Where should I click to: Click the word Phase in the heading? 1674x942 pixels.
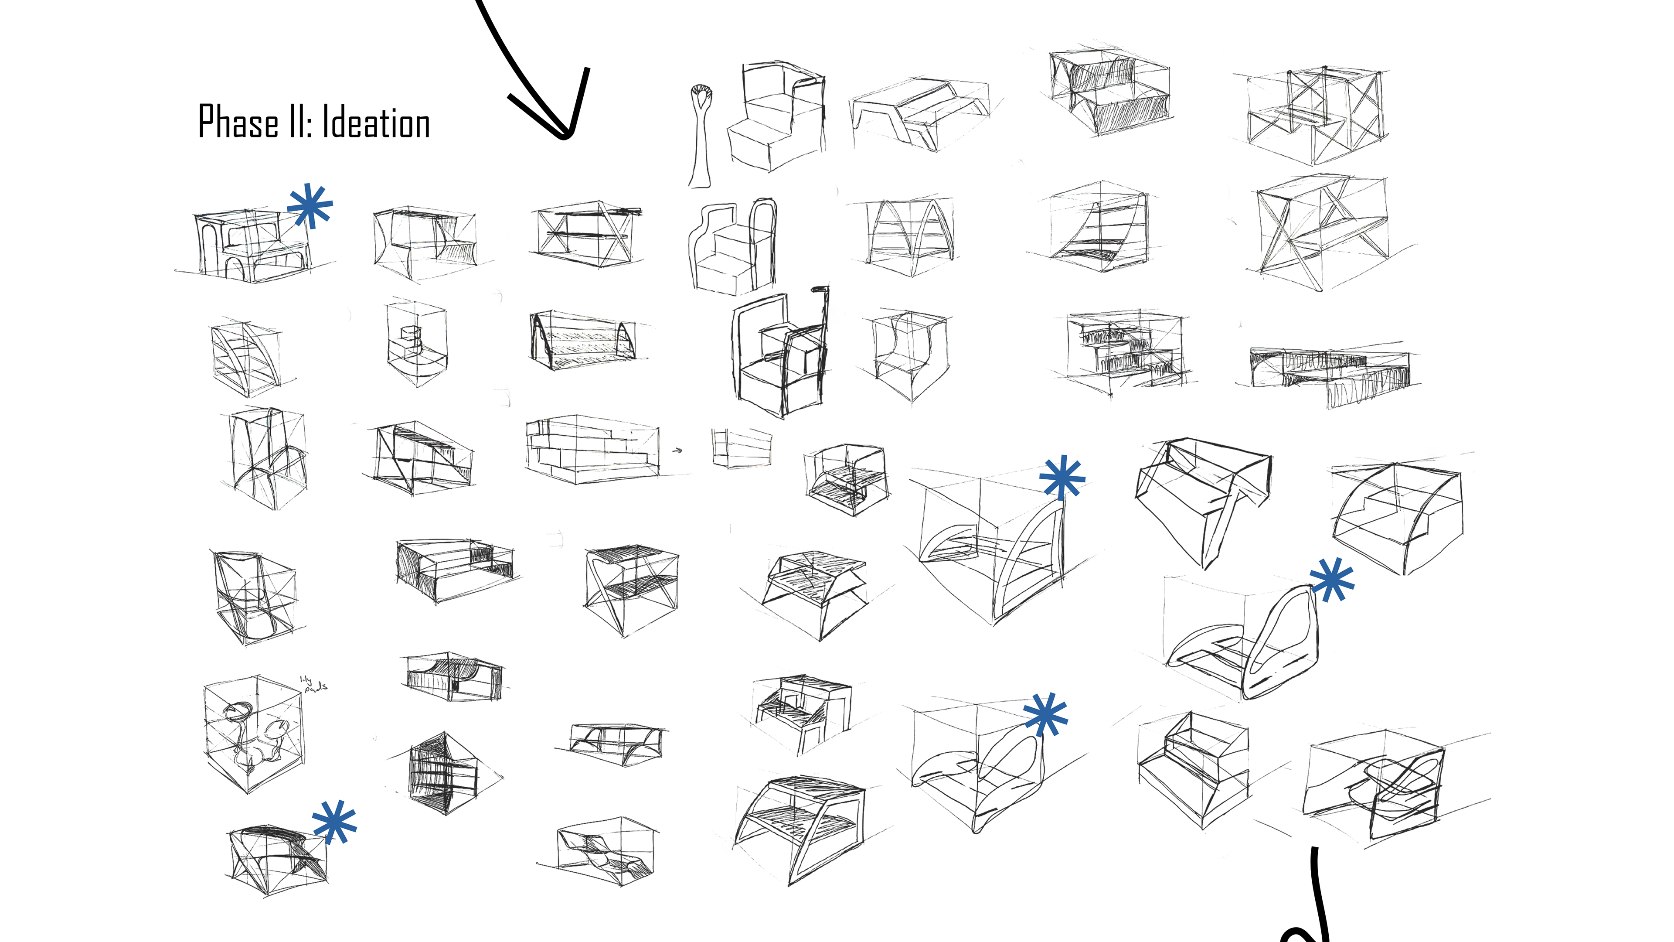238,122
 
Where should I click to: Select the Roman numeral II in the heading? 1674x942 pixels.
298,122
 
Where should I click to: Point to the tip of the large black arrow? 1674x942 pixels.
564,135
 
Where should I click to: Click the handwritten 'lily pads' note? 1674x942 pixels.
313,684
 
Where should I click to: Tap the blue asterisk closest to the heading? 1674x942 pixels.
310,205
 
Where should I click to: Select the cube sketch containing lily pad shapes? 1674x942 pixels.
253,733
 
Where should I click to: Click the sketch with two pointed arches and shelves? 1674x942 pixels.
908,235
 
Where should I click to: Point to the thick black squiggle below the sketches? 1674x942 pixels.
1313,910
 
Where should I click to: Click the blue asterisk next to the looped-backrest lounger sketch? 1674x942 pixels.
1331,580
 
